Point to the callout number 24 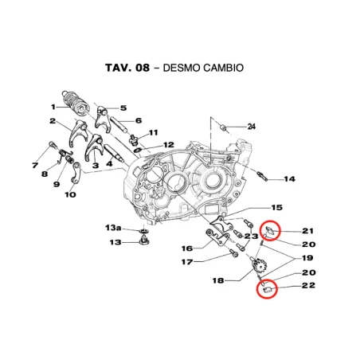[x=251, y=127]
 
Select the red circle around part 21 [x=272, y=231]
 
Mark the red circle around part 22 [x=267, y=289]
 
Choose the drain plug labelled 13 [x=145, y=239]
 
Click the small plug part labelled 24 [x=225, y=127]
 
